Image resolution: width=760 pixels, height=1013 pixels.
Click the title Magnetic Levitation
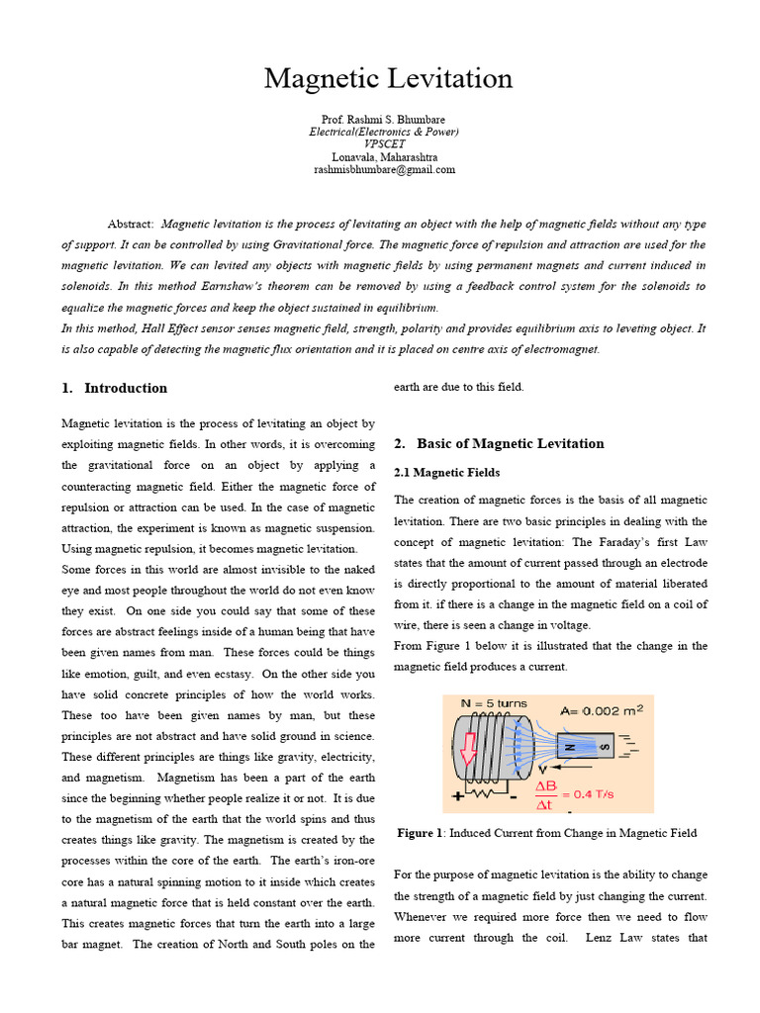point(388,79)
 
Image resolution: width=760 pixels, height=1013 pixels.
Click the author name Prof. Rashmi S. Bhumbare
point(383,120)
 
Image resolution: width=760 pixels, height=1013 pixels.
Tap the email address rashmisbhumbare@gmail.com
point(384,169)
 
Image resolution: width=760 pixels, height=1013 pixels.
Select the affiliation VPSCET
point(384,144)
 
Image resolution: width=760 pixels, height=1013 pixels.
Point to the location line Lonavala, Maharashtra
point(384,157)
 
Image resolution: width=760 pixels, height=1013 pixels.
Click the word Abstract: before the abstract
point(131,225)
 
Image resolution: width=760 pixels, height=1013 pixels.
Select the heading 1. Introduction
point(115,388)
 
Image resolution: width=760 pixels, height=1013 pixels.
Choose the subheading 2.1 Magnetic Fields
point(447,473)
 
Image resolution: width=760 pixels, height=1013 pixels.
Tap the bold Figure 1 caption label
point(421,833)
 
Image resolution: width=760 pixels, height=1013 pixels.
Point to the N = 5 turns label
point(495,704)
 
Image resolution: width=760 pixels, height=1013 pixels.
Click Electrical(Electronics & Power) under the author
point(384,132)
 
